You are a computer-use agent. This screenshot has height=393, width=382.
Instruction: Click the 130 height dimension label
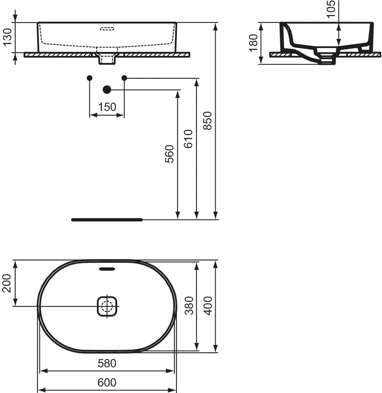[8, 37]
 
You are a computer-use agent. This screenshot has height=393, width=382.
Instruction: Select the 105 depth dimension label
[331, 9]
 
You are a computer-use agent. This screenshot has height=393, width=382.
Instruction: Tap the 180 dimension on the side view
[253, 43]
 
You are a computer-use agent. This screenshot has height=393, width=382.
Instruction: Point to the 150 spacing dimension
[107, 107]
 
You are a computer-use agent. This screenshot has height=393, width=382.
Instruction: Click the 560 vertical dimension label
[170, 154]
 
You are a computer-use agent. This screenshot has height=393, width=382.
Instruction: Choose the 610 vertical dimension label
[188, 139]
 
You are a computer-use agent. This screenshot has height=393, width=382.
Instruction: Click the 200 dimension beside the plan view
[7, 283]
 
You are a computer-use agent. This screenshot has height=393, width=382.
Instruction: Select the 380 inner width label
[189, 305]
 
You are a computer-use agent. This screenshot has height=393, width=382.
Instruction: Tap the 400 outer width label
[208, 305]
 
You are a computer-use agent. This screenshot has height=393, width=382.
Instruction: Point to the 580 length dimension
[107, 363]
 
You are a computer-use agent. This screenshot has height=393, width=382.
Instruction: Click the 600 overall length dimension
[107, 383]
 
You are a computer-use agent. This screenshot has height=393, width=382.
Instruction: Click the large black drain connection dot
[107, 90]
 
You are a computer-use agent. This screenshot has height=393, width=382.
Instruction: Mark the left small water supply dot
[90, 78]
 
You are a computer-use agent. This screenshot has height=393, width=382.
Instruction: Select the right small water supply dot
[124, 78]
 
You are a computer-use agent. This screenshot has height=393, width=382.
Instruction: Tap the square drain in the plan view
[107, 306]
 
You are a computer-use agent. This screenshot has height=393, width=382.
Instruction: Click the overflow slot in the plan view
[107, 269]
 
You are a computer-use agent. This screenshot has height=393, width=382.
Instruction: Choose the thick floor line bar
[107, 220]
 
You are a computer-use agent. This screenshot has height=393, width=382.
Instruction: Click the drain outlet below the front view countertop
[107, 60]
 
